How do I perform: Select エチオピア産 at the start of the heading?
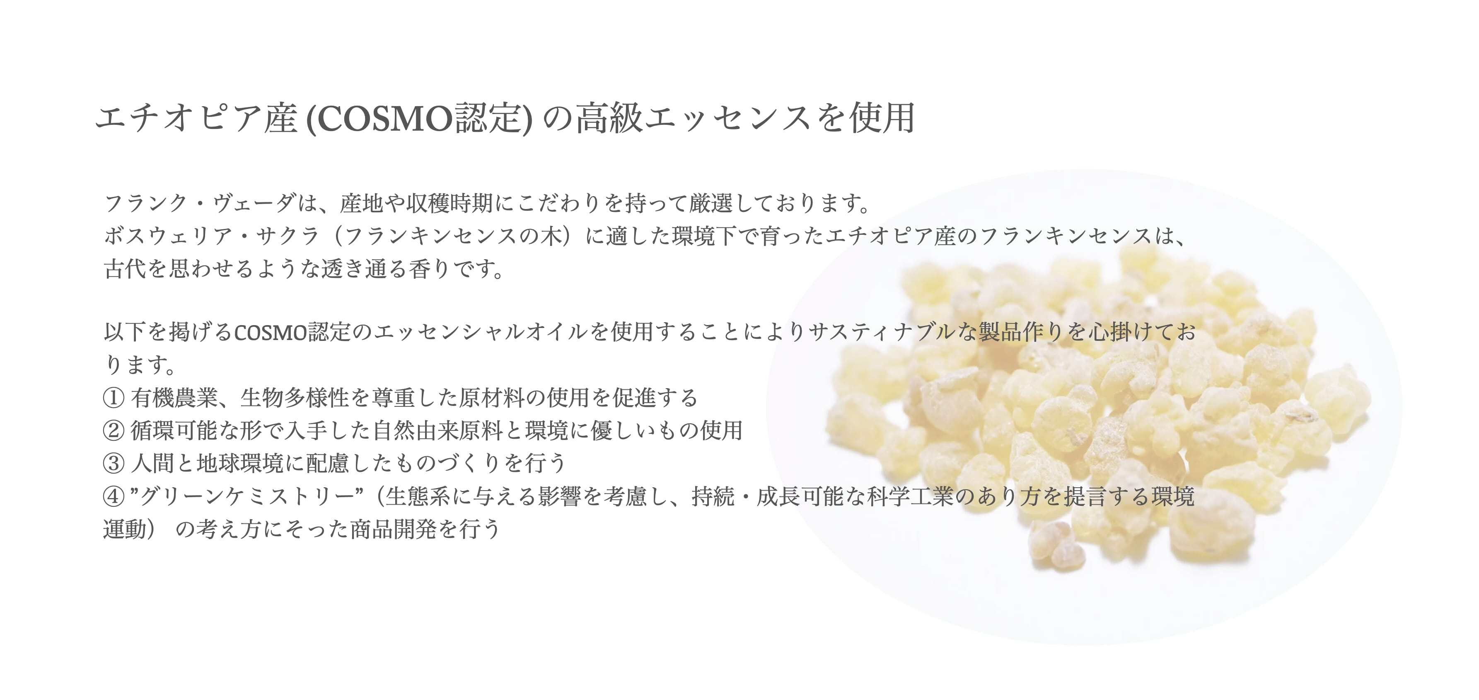coord(196,118)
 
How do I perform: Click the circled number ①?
coord(114,398)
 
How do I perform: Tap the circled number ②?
coord(114,430)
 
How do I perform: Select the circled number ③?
coord(114,463)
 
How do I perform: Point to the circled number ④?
coord(114,496)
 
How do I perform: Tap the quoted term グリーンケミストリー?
coord(247,496)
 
